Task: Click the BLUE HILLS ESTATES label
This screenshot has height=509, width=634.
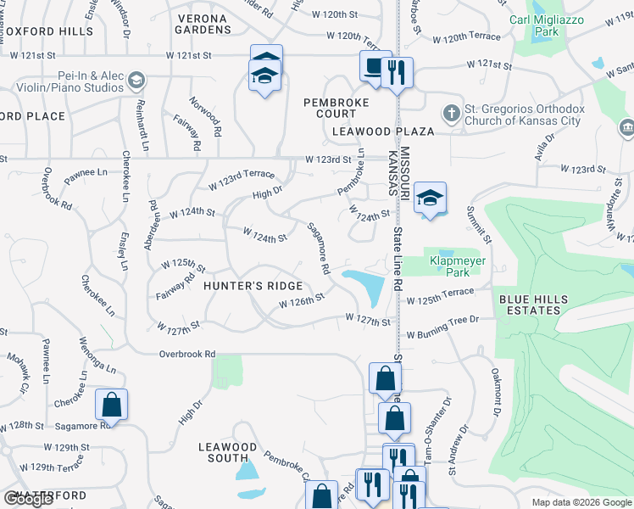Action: pos(530,305)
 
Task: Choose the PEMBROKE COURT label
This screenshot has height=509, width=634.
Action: pos(331,108)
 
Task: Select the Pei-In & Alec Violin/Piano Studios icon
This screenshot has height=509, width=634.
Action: pos(135,81)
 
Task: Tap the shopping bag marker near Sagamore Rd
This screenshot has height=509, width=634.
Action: pos(111,405)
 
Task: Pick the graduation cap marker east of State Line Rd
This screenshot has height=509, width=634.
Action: pos(431,199)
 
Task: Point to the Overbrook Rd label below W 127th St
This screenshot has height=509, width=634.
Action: pos(186,353)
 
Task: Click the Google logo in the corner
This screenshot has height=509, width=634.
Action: pos(28,499)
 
